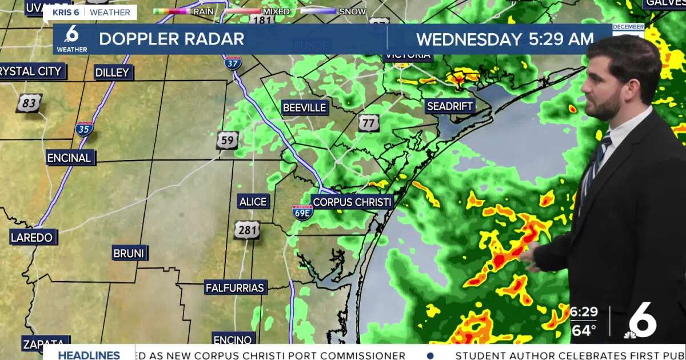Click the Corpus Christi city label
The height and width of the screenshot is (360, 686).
pyautogui.click(x=353, y=202)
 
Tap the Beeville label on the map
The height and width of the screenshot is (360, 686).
pyautogui.click(x=304, y=107)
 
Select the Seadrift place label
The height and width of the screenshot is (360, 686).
pyautogui.click(x=450, y=106)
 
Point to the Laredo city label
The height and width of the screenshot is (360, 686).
pyautogui.click(x=33, y=237)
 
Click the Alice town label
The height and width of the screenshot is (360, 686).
pyautogui.click(x=253, y=201)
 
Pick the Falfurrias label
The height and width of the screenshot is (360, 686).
pyautogui.click(x=235, y=287)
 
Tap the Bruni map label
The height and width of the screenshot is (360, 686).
pyautogui.click(x=130, y=253)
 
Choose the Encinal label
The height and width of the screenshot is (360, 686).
pyautogui.click(x=69, y=158)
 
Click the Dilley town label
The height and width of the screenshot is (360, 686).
pyautogui.click(x=113, y=72)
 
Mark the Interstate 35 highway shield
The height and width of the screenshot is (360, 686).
pyautogui.click(x=84, y=129)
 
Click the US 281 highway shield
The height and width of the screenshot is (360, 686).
pyautogui.click(x=246, y=230)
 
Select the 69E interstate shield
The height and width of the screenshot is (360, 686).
pyautogui.click(x=302, y=213)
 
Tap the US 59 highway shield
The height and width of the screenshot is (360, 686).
pyautogui.click(x=227, y=140)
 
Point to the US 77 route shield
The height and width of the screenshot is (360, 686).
pyautogui.click(x=369, y=122)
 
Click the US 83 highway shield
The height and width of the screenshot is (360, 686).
pyautogui.click(x=29, y=103)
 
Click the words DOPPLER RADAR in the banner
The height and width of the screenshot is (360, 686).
pyautogui.click(x=171, y=39)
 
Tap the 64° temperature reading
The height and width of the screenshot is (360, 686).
pyautogui.click(x=583, y=330)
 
